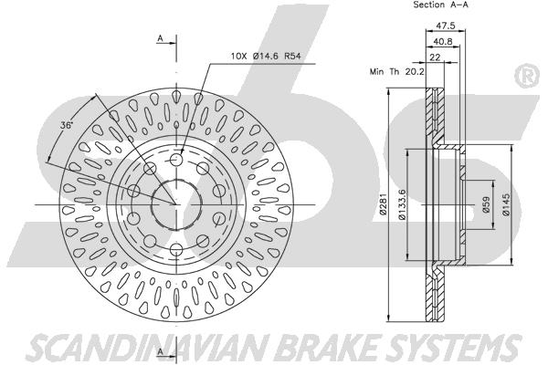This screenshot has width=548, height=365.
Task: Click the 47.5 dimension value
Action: [446, 26]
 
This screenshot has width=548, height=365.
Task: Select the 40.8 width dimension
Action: [442, 42]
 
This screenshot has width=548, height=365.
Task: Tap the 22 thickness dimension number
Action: [435, 57]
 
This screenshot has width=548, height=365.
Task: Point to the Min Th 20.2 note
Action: [397, 72]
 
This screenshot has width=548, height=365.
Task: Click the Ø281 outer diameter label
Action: [384, 204]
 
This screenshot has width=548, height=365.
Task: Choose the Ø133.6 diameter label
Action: [402, 204]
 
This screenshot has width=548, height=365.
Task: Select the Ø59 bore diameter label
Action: [486, 204]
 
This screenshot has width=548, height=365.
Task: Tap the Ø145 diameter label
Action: [505, 204]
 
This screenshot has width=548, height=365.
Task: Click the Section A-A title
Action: [440, 5]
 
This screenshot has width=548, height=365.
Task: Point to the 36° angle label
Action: [66, 125]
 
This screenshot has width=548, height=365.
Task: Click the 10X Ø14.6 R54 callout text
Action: [266, 56]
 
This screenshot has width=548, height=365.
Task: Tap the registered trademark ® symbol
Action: [527, 76]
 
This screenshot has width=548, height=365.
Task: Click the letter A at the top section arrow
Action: [160, 38]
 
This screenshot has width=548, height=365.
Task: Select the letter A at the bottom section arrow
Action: [160, 351]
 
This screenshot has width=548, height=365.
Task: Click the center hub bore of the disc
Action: [176, 204]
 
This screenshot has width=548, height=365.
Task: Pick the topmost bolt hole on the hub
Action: [176, 161]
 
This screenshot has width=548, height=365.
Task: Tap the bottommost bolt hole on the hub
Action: [176, 249]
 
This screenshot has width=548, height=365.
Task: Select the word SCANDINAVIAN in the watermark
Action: [148, 348]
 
